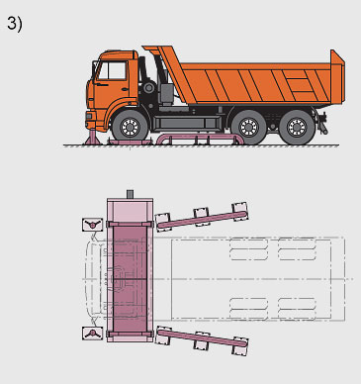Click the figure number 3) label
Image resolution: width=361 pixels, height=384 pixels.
pyautogui.click(x=15, y=24)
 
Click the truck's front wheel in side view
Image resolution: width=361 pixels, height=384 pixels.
pyautogui.click(x=131, y=126)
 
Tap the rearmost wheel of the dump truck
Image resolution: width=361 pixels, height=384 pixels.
pyautogui.click(x=297, y=127)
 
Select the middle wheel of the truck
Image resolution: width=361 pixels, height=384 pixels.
pyautogui.click(x=248, y=127)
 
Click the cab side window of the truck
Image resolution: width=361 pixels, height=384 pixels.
pyautogui.click(x=113, y=70)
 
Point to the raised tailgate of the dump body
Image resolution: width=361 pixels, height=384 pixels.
pyautogui.click(x=337, y=77)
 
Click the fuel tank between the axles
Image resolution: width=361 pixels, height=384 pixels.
pyautogui.click(x=186, y=123)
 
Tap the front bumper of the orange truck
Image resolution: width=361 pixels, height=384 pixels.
pyautogui.click(x=90, y=120)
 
